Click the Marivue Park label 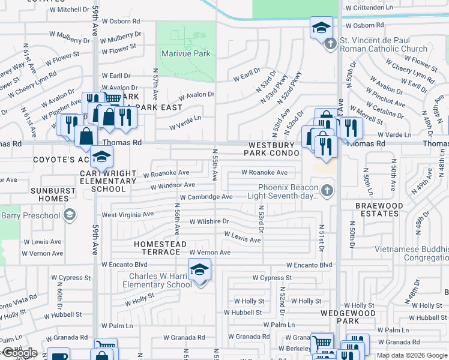click(x=185, y=53)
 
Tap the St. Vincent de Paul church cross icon click(x=330, y=44)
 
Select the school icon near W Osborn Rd click(x=321, y=27)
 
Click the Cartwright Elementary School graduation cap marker click(x=101, y=157)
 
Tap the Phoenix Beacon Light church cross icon click(x=327, y=191)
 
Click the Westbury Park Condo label click(x=271, y=149)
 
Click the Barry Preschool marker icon click(x=70, y=215)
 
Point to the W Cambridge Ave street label click(x=206, y=197)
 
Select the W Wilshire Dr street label click(x=209, y=221)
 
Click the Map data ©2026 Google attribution click(x=412, y=355)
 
